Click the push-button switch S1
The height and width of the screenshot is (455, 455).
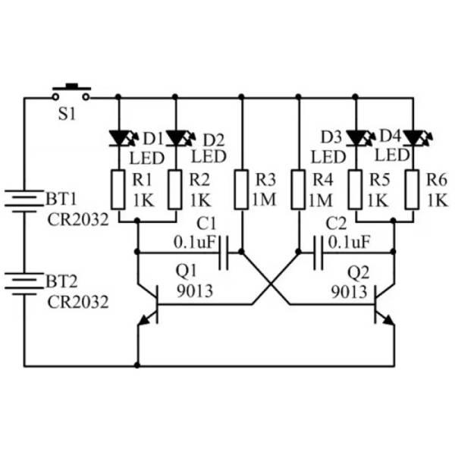point(71,93)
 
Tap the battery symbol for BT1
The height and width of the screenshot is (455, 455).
point(24,201)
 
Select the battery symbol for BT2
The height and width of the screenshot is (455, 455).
point(24,284)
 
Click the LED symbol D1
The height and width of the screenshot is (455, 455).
point(123,138)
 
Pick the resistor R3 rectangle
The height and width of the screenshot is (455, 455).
point(241,190)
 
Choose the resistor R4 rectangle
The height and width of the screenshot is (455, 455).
point(298,190)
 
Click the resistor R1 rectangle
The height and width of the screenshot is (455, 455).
point(118,190)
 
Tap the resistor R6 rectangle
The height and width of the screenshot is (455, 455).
point(412,190)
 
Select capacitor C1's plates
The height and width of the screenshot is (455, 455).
point(224,253)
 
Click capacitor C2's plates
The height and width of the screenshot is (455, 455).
point(318,253)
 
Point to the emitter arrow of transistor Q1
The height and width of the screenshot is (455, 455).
point(145,319)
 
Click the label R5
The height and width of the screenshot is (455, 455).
point(379,180)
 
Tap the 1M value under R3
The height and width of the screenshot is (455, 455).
point(264,199)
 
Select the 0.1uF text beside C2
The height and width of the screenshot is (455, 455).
point(349,241)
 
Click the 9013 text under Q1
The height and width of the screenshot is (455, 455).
point(195,290)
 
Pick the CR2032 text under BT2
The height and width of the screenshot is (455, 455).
point(78,302)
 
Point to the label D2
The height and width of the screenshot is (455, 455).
point(214,140)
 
